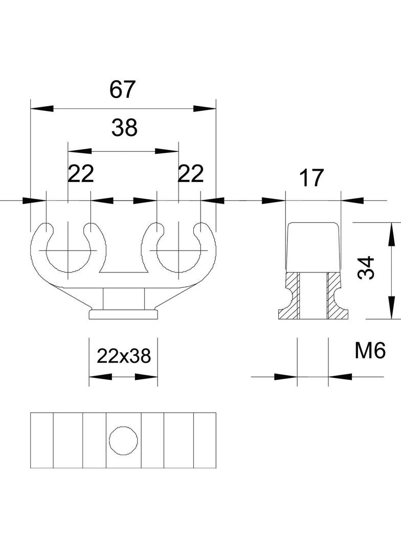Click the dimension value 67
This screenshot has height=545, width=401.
coord(123,89)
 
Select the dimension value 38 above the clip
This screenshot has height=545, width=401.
coord(124,128)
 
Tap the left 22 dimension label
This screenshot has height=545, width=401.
coord(81,174)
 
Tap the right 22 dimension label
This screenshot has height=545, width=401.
coord(190,174)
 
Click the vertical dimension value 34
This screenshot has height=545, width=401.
coord(366,268)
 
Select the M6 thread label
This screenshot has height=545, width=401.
coord(369,351)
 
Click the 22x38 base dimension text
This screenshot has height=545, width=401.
coord(124,356)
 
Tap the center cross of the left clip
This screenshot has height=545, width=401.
coord(68,251)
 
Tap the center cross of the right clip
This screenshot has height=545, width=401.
coord(179,251)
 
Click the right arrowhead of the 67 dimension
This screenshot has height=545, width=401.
coord(205,109)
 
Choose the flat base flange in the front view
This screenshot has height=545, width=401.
coord(123,314)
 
